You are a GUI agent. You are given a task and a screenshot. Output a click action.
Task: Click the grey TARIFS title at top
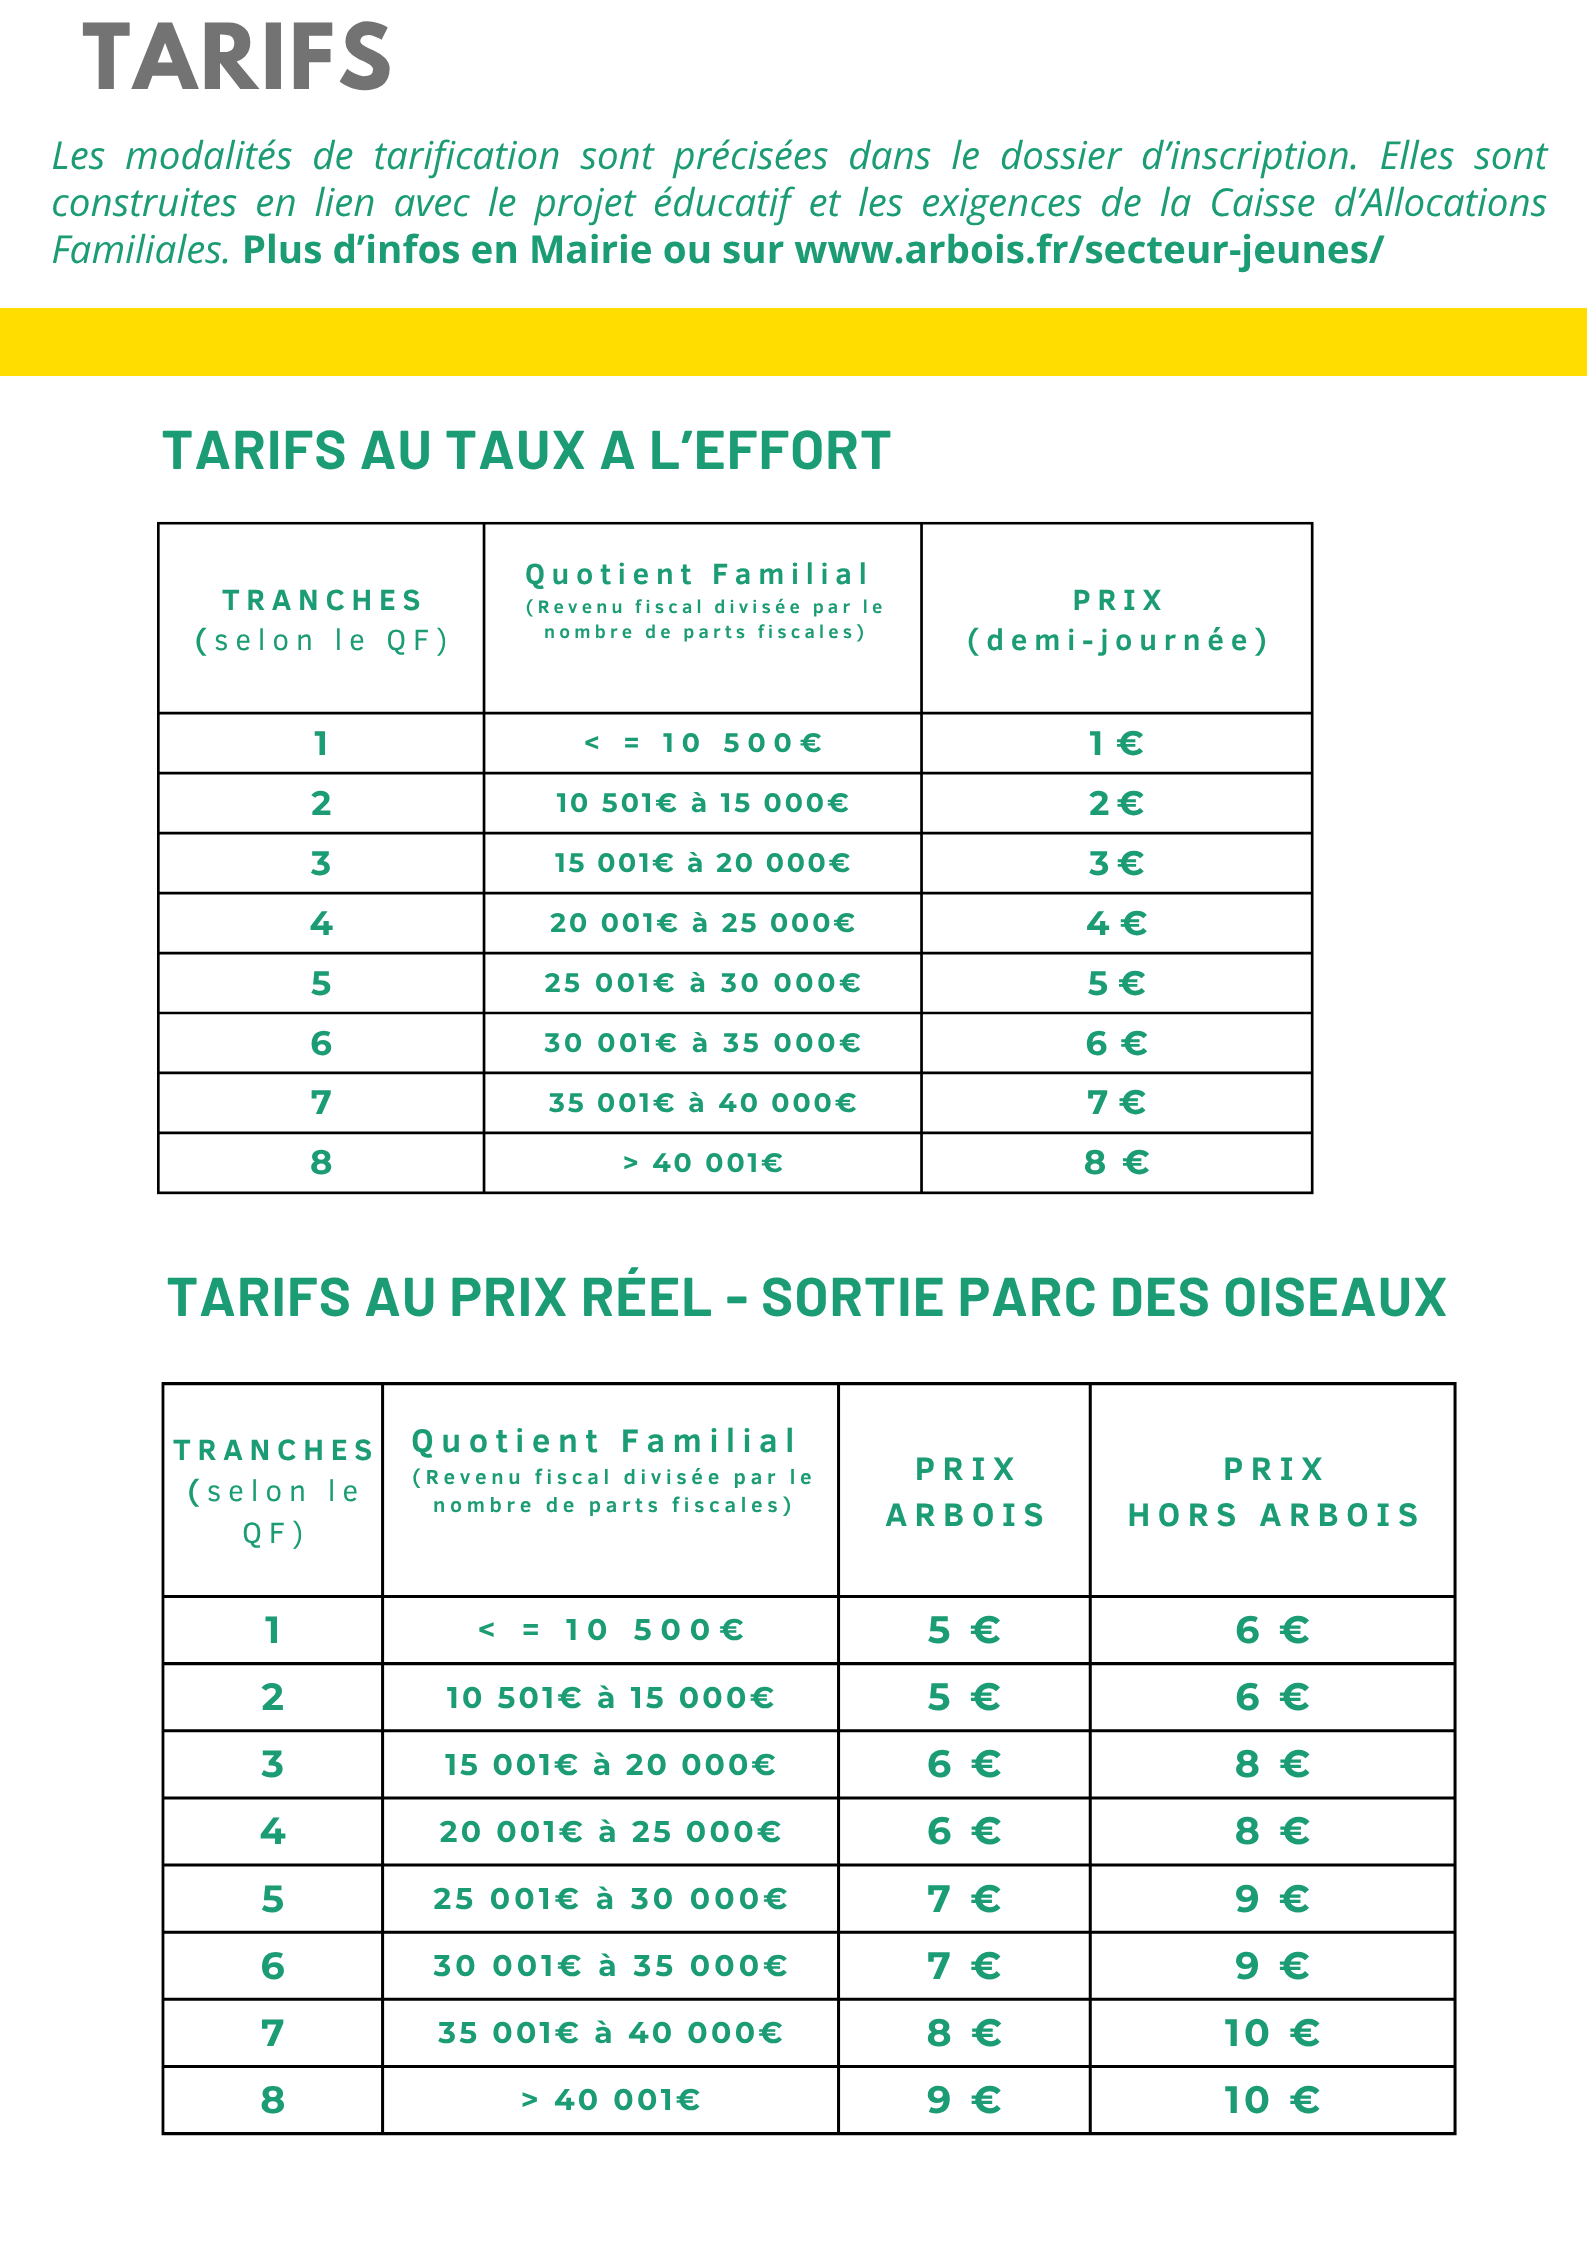pyautogui.click(x=236, y=58)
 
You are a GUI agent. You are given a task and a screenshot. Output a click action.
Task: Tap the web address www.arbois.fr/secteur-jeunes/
pyautogui.click(x=1089, y=250)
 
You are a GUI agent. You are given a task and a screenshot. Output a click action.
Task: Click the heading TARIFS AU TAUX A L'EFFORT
pyautogui.click(x=526, y=451)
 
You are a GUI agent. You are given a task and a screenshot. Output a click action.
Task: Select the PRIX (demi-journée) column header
pyautogui.click(x=1117, y=620)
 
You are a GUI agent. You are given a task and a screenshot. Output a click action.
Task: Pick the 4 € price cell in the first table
pyautogui.click(x=1116, y=923)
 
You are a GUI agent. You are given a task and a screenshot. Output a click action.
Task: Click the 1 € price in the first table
pyautogui.click(x=1116, y=743)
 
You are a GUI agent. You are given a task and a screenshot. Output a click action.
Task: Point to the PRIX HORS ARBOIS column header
pyautogui.click(x=1273, y=1492)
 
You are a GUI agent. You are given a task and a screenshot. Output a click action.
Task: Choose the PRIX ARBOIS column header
pyautogui.click(x=965, y=1492)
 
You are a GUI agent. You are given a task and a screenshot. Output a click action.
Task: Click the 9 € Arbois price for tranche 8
pyautogui.click(x=964, y=2099)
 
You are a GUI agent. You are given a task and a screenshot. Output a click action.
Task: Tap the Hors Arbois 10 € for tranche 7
pyautogui.click(x=1272, y=2032)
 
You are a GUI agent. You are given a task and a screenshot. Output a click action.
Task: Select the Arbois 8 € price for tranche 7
pyautogui.click(x=964, y=2032)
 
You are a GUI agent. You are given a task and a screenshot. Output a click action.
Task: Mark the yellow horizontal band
pyautogui.click(x=793, y=342)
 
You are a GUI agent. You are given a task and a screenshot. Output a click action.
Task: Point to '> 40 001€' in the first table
pyautogui.click(x=702, y=1163)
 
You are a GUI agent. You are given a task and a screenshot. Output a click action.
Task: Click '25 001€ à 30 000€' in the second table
pyautogui.click(x=610, y=1898)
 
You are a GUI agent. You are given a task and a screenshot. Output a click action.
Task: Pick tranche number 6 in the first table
pyautogui.click(x=321, y=1043)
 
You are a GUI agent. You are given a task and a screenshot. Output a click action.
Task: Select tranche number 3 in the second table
pyautogui.click(x=272, y=1764)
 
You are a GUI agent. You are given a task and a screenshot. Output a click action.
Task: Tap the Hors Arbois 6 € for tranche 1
pyautogui.click(x=1272, y=1630)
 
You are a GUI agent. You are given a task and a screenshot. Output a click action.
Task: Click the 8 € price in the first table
pyautogui.click(x=1116, y=1163)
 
